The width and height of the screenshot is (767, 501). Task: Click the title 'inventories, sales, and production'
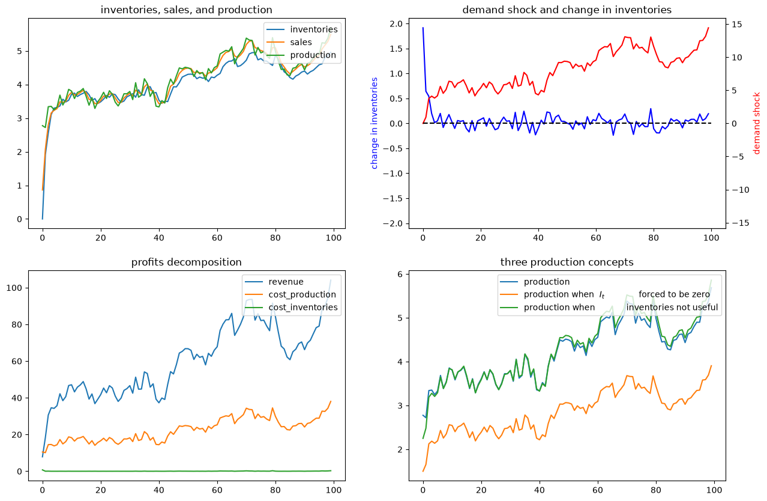186,10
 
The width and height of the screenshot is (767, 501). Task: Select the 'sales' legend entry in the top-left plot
301,42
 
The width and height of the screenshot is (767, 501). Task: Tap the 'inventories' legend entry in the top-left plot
314,29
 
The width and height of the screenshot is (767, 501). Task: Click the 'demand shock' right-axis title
756,123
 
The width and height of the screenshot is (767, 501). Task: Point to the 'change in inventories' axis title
374,123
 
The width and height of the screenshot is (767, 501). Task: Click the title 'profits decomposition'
186,262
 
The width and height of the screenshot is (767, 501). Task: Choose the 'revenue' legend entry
286,282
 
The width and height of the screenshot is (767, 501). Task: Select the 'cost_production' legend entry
302,295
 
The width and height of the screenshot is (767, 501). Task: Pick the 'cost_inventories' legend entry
303,308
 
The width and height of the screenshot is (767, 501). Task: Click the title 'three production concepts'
567,262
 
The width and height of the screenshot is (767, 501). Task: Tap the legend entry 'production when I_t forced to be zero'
617,295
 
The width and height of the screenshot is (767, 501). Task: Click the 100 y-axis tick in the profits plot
14,288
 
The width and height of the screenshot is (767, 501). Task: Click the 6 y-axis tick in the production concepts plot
400,274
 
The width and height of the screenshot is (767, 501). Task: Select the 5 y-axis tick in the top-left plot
20,51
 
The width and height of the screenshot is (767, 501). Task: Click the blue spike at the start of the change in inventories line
423,28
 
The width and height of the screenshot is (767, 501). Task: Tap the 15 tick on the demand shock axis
737,25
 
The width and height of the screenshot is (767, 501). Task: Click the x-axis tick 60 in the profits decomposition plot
217,490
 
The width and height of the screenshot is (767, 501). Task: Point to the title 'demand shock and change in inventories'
567,10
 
